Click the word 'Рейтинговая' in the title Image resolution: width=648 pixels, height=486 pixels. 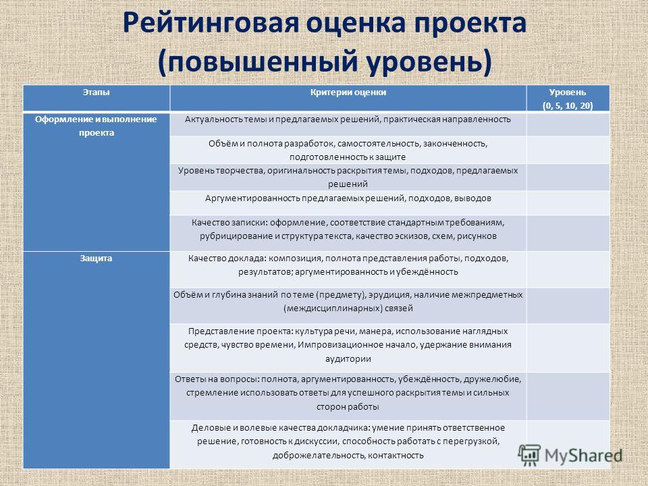pos(211,23)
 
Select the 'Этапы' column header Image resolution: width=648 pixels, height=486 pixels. pos(97,92)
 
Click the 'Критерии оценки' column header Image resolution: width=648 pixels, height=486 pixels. pos(348,92)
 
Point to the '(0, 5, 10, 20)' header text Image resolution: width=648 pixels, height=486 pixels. pos(568,106)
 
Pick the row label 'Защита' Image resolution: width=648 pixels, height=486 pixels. pos(96,259)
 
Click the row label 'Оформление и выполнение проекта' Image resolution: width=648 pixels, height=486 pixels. pos(96,126)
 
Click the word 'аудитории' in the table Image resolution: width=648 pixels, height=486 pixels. pos(348,358)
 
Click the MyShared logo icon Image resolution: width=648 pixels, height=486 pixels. pos(529,456)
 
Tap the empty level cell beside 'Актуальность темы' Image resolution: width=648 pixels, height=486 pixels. pos(568,124)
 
